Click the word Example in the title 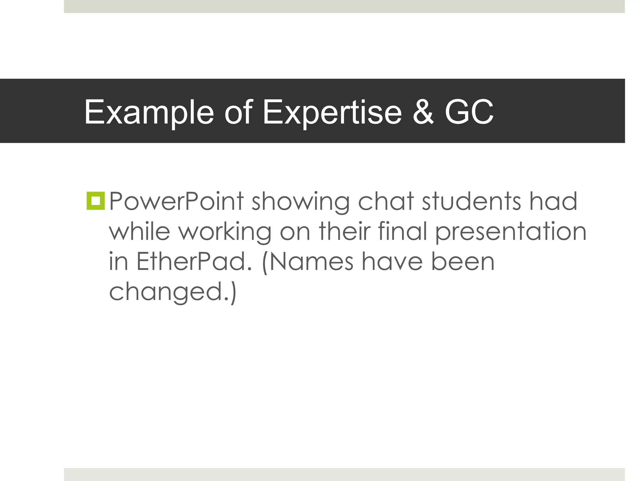tap(149, 112)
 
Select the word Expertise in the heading tap(332, 112)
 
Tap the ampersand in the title tap(423, 112)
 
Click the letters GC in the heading tap(469, 112)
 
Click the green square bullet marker tap(95, 201)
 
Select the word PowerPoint tap(176, 201)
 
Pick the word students tap(472, 201)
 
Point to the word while tap(140, 231)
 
